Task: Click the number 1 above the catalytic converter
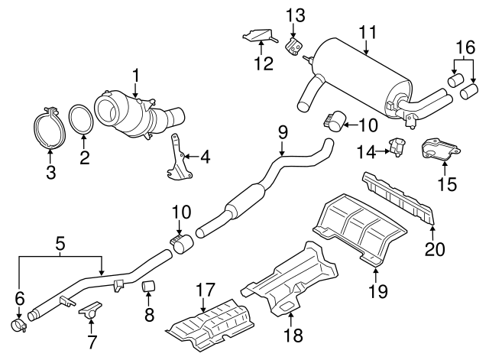135,76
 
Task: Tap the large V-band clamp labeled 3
50,130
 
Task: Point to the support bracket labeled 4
176,158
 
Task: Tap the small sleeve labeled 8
150,287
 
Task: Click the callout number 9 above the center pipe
282,132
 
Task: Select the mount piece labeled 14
397,145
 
